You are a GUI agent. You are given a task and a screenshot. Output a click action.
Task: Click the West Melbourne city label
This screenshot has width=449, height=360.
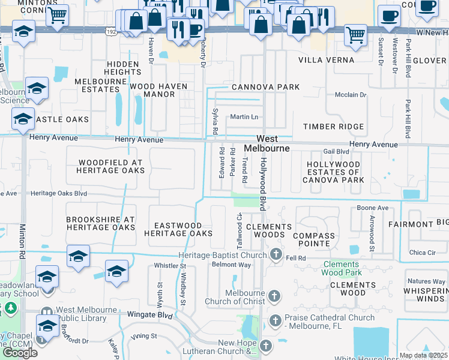tap(267, 143)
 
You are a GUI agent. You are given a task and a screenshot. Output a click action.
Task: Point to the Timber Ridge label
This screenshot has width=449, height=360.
tap(333, 127)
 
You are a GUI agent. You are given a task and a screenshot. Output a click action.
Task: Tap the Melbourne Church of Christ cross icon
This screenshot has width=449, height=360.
tap(273, 296)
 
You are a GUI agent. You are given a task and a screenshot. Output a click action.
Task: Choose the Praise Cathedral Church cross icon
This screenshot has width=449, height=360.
tap(276, 320)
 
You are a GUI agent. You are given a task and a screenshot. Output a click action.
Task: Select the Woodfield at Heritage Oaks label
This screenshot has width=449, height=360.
tap(110, 166)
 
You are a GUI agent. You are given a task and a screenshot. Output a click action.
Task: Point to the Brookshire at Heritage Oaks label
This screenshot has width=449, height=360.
tap(101, 224)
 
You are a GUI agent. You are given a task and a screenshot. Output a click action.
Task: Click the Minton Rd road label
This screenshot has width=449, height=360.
tap(22, 243)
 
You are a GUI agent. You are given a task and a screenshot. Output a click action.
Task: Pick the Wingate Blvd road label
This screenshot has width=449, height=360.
tap(150, 314)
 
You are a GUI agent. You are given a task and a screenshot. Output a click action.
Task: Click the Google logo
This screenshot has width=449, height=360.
tap(19, 352)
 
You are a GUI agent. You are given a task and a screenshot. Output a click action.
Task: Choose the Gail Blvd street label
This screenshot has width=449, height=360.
tap(336, 152)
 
